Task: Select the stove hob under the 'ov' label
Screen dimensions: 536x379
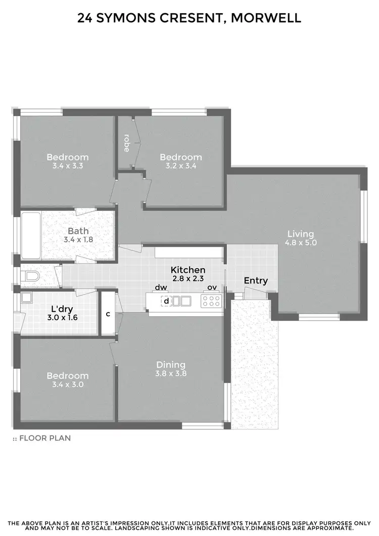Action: (x=211, y=302)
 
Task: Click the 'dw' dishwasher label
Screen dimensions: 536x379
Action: (x=161, y=287)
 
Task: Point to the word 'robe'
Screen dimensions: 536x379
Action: (x=126, y=143)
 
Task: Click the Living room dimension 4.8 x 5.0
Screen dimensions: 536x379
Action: (x=301, y=242)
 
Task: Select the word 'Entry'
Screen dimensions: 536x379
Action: (x=256, y=281)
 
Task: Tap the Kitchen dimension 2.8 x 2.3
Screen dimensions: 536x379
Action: (x=187, y=278)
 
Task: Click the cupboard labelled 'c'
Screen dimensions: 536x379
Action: (x=108, y=314)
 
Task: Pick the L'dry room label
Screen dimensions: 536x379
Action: (x=60, y=309)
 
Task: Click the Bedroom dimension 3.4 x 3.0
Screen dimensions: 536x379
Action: (x=68, y=384)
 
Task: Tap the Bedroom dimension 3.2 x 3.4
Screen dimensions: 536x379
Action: (x=180, y=165)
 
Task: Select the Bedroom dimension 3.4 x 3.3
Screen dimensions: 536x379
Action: (x=68, y=165)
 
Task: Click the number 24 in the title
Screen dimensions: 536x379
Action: (x=85, y=18)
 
